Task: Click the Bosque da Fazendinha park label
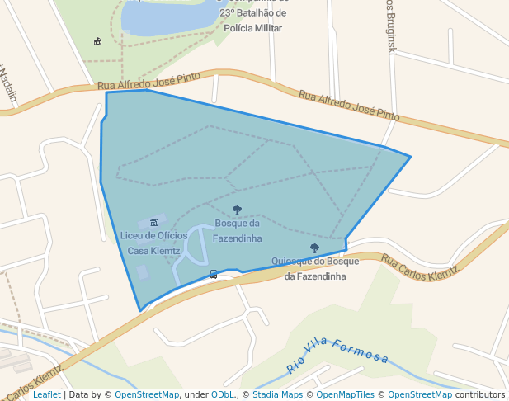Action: pos(238,231)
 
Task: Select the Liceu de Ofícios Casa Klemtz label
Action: pos(154,243)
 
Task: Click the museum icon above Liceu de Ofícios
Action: pos(154,223)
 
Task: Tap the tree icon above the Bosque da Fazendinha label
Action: pos(238,210)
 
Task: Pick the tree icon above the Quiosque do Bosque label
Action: pos(314,248)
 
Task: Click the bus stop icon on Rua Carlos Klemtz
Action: pos(214,274)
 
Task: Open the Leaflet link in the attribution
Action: pos(46,394)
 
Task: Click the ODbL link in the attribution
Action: pos(224,394)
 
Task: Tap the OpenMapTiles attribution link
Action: pos(345,394)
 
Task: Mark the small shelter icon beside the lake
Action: pos(98,41)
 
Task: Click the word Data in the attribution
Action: pos(79,394)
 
